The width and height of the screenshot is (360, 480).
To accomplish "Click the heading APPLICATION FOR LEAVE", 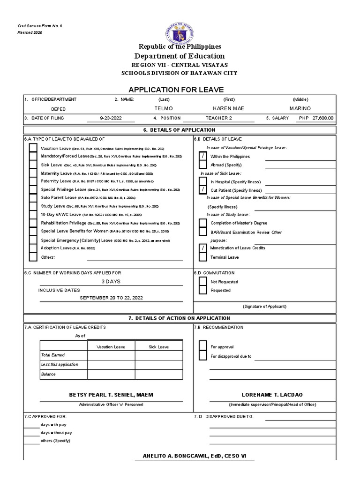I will point(180,90).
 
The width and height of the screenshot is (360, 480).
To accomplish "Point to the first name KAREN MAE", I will point(228,108).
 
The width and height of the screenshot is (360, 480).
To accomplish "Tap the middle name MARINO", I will point(300,108).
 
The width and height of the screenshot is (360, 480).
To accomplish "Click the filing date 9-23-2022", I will point(111,118).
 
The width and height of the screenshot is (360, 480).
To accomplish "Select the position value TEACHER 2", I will point(218,118).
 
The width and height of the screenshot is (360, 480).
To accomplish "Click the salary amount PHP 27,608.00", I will point(317,118).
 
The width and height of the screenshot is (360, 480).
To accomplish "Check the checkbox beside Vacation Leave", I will point(33,148).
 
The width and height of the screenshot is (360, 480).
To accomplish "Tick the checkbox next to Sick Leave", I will point(33,165).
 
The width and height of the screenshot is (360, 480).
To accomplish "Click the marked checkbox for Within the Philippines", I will point(203,157).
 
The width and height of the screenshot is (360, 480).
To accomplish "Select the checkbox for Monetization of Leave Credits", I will point(203,248).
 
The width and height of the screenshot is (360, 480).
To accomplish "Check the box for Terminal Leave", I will point(203,257).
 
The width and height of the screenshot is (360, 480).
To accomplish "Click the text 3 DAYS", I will point(111,281).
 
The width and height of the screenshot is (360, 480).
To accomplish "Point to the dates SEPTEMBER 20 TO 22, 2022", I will point(111,298).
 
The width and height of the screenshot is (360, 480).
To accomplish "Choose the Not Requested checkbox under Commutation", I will point(203,282).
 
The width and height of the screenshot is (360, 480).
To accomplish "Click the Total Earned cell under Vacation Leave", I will point(111,355).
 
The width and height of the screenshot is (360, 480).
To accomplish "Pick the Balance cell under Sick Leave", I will point(159,375).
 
